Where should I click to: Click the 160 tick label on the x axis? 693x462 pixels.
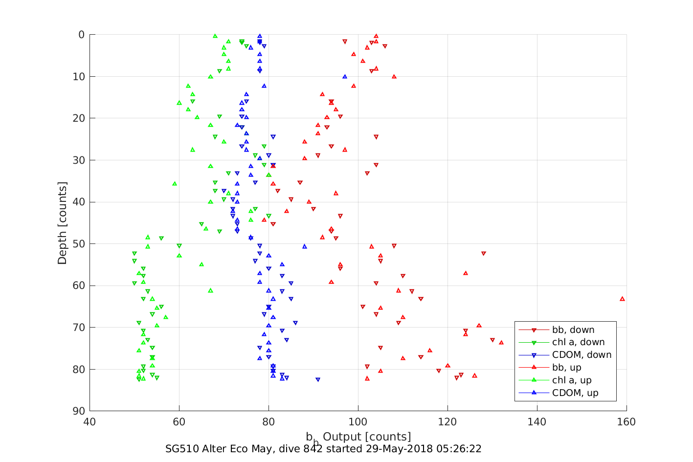[626, 422]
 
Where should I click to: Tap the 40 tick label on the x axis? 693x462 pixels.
[89, 422]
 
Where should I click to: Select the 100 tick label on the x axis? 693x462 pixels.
[358, 422]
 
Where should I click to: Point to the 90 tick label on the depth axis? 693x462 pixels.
[78, 411]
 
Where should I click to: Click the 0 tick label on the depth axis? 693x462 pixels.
[81, 35]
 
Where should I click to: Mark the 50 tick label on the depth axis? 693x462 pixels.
[78, 244]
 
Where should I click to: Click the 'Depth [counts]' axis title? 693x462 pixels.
[62, 223]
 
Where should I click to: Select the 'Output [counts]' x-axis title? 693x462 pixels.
[367, 437]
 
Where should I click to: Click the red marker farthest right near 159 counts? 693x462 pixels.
[622, 299]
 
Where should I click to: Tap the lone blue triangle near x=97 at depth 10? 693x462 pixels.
[345, 77]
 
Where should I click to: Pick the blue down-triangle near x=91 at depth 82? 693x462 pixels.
[318, 379]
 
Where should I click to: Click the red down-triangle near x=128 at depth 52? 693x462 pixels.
[484, 253]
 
